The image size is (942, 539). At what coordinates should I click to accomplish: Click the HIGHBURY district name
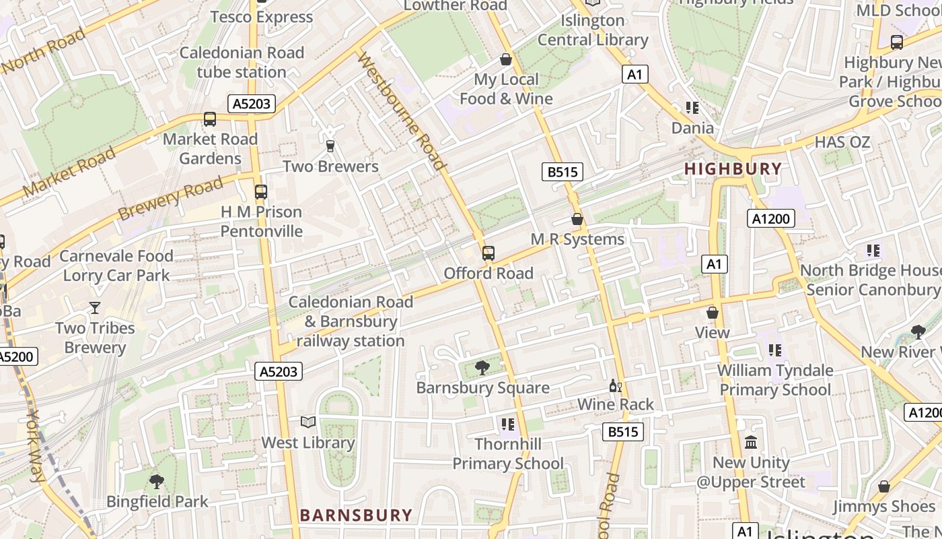pos(733,168)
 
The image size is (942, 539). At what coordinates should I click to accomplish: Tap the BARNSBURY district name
pos(356,515)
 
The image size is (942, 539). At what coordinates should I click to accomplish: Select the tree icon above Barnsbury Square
pos(482,367)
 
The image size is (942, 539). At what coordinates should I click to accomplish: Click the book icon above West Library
pos(308,422)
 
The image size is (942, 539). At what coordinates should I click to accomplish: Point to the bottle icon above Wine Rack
pos(614,385)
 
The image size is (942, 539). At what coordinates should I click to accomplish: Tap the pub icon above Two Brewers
pos(330,146)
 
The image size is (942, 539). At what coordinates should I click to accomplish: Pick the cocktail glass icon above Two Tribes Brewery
pos(95,308)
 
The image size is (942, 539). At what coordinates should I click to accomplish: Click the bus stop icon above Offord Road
pos(488,253)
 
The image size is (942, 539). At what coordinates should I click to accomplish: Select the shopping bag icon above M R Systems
pos(577,219)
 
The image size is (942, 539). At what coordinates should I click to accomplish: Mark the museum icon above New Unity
pos(751,443)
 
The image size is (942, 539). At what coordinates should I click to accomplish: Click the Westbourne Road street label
pos(402,111)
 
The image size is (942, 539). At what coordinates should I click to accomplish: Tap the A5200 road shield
pos(16,356)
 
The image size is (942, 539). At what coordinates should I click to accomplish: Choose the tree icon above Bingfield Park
pos(157,481)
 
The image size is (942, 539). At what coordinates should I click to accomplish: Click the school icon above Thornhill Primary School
pos(507,424)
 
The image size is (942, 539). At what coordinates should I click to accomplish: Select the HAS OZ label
pos(842,142)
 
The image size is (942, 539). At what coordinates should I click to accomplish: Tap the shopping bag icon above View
pos(712,313)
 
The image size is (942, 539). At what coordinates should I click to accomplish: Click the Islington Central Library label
pos(593,30)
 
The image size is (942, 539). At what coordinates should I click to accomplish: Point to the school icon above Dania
pos(692,108)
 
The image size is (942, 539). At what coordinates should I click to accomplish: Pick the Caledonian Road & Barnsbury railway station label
pos(351,321)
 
